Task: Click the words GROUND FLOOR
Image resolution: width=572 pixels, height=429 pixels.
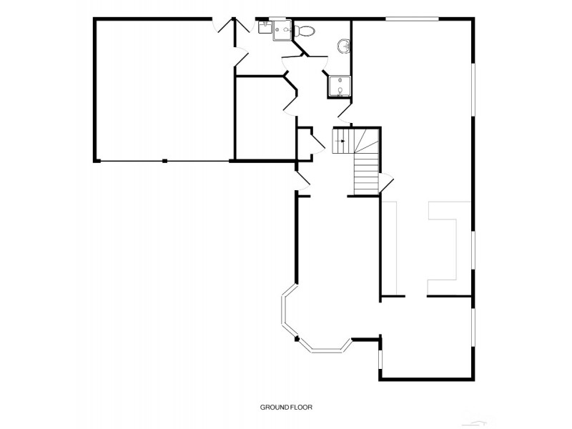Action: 286,407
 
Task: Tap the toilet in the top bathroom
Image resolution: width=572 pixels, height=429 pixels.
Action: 306,31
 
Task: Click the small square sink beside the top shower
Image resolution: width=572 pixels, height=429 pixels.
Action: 265,27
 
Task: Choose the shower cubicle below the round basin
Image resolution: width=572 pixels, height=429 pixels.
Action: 340,86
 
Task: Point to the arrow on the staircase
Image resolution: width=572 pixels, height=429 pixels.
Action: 342,141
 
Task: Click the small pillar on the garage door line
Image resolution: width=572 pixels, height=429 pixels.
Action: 164,161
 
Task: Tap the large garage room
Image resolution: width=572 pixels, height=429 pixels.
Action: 164,89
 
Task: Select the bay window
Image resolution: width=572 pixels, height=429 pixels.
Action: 315,329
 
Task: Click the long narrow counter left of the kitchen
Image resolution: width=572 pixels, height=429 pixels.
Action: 390,247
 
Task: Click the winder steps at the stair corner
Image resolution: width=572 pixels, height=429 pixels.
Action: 366,139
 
